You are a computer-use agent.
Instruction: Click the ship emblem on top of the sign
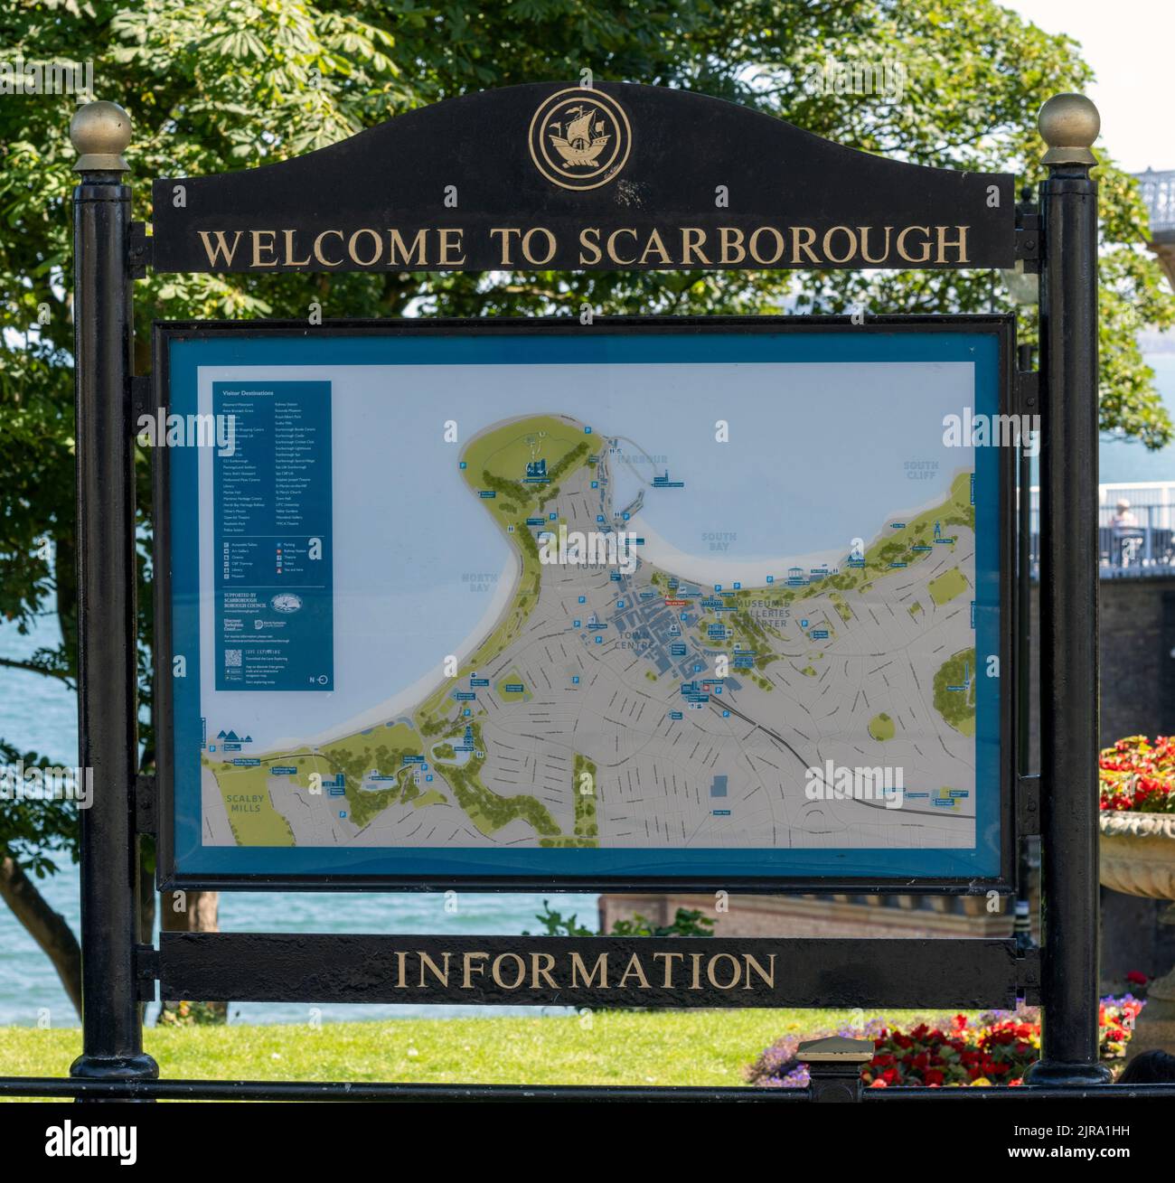(x=579, y=138)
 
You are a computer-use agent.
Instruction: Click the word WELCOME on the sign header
(x=332, y=247)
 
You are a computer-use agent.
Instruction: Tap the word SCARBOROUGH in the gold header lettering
(x=774, y=246)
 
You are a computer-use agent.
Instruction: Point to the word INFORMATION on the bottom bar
(x=585, y=971)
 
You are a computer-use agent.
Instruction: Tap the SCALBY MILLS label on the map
(x=244, y=802)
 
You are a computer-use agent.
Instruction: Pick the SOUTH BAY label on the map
(x=719, y=541)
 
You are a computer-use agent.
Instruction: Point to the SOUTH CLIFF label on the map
(x=921, y=470)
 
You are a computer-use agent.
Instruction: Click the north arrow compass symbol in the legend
(x=320, y=679)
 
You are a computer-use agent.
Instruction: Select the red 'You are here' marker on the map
(x=674, y=599)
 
